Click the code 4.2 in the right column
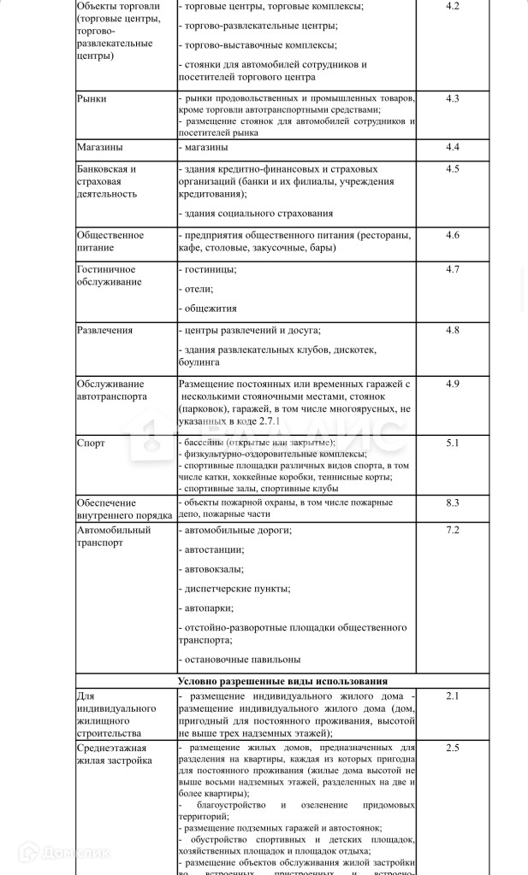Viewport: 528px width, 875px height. pyautogui.click(x=453, y=7)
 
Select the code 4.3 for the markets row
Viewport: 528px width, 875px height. pyautogui.click(x=453, y=98)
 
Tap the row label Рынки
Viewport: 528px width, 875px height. pyautogui.click(x=92, y=99)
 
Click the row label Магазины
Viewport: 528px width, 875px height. pyautogui.click(x=99, y=147)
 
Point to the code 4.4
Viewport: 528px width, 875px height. pyautogui.click(x=453, y=147)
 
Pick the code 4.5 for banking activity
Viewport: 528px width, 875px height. pyautogui.click(x=453, y=168)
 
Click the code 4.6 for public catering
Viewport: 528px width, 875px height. pyautogui.click(x=453, y=235)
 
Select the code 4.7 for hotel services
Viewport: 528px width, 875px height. pyautogui.click(x=453, y=269)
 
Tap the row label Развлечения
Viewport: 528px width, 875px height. pyautogui.click(x=104, y=330)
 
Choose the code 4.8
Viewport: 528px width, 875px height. pyautogui.click(x=453, y=330)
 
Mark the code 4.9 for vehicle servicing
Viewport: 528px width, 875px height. pyautogui.click(x=453, y=384)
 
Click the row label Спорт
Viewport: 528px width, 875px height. pyautogui.click(x=91, y=443)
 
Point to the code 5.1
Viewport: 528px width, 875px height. pyautogui.click(x=453, y=443)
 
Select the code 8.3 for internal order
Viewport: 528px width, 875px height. pyautogui.click(x=453, y=502)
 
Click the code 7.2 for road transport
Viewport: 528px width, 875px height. pyautogui.click(x=453, y=531)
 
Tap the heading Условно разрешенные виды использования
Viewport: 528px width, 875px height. pyautogui.click(x=282, y=681)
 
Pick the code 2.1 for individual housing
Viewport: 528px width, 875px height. pyautogui.click(x=453, y=696)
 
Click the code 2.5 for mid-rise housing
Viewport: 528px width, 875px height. pyautogui.click(x=453, y=748)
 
